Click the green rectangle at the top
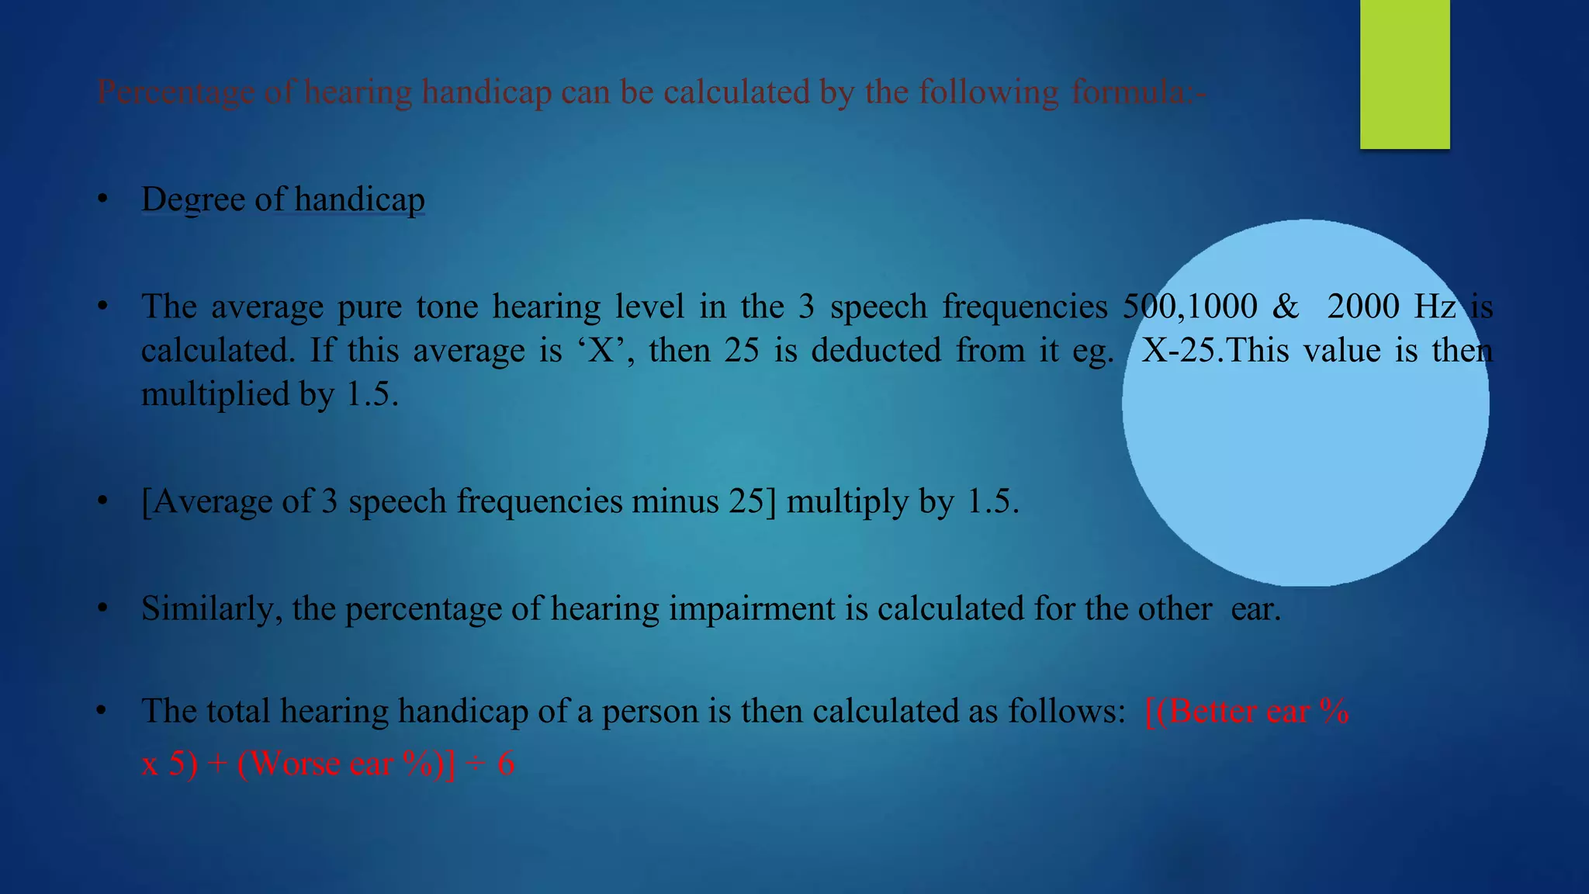coord(1404,74)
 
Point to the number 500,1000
coord(1190,307)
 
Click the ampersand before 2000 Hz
coord(1286,307)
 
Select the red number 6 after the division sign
coord(506,764)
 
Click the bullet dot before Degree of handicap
coord(102,200)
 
